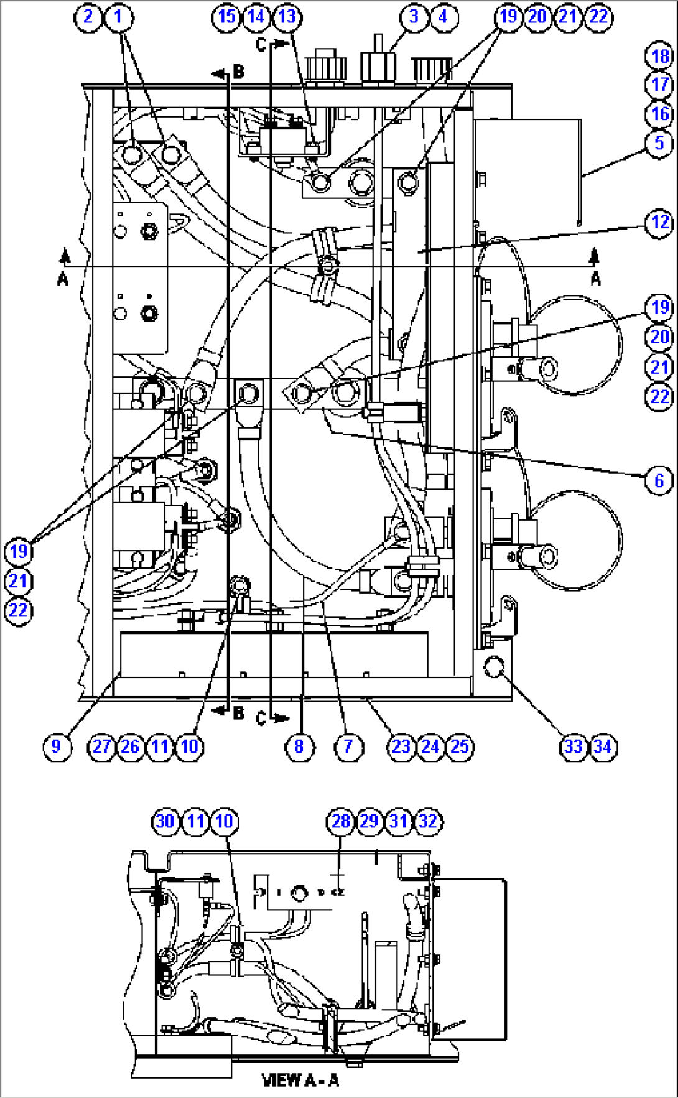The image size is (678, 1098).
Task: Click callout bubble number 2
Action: (x=88, y=16)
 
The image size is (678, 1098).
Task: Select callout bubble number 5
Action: (x=660, y=143)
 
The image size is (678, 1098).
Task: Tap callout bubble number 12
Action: (x=660, y=223)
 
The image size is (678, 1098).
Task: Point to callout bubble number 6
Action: (x=659, y=480)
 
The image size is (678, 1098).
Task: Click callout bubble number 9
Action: (x=57, y=747)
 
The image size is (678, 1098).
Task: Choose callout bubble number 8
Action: (x=299, y=747)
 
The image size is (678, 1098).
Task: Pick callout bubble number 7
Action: (x=348, y=747)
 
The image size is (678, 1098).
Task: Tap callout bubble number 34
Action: (x=603, y=747)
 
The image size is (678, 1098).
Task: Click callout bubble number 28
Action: (x=340, y=821)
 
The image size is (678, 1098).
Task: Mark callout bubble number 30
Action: (x=165, y=821)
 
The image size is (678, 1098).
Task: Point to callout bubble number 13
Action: (x=287, y=16)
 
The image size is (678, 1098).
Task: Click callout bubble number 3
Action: (x=414, y=16)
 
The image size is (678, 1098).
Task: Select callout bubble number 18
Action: (x=660, y=56)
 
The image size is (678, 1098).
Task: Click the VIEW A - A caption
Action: (x=300, y=1081)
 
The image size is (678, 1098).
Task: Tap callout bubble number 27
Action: (x=101, y=747)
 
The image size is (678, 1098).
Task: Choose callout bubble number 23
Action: (x=401, y=747)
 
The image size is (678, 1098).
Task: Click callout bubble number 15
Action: (x=227, y=16)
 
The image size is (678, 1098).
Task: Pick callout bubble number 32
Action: (x=428, y=821)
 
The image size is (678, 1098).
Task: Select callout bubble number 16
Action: (x=660, y=114)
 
